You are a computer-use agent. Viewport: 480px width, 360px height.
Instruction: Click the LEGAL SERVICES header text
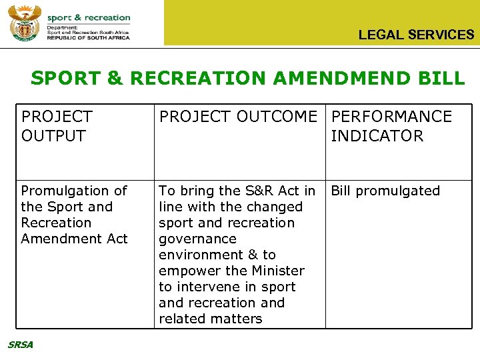pyautogui.click(x=416, y=35)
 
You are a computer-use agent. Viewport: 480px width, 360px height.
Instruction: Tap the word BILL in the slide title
pyautogui.click(x=440, y=78)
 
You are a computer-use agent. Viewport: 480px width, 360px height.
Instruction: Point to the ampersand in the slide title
pyautogui.click(x=115, y=78)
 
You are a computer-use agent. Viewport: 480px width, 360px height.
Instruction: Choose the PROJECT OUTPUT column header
pyautogui.click(x=57, y=126)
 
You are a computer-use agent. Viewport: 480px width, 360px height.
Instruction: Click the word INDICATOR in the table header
pyautogui.click(x=377, y=136)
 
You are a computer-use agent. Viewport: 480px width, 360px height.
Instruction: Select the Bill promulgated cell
pyautogui.click(x=385, y=191)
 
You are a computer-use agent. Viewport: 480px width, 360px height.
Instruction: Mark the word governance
pyautogui.click(x=197, y=239)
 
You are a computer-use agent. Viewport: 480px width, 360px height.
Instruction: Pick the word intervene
pyautogui.click(x=205, y=287)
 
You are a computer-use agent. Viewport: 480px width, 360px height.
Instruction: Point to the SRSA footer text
pyautogui.click(x=20, y=344)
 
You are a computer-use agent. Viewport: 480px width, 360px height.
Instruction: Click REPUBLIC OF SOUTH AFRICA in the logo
pyautogui.click(x=88, y=38)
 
